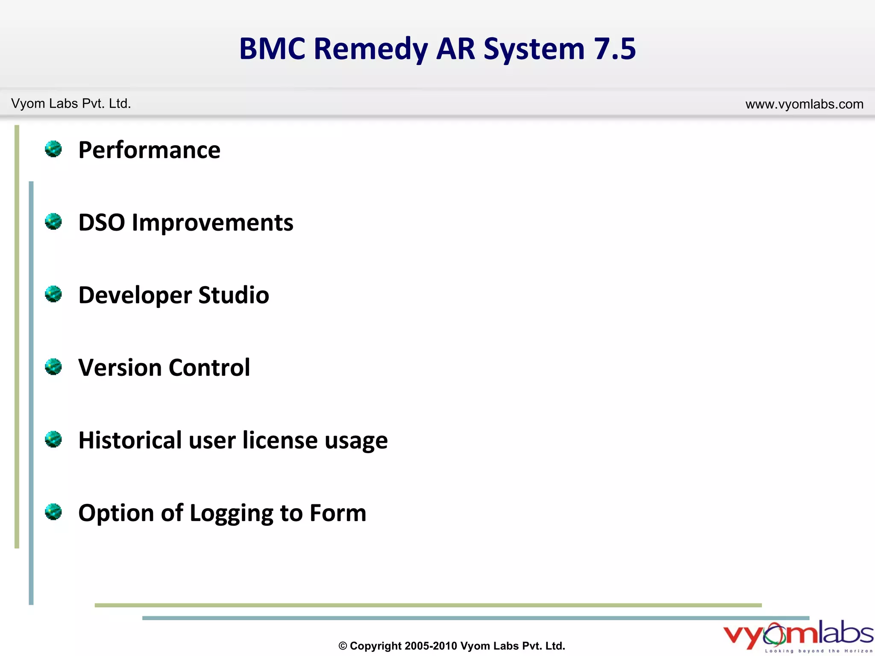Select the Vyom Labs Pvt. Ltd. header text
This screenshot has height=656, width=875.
(x=71, y=104)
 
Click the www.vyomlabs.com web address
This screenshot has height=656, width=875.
(x=804, y=104)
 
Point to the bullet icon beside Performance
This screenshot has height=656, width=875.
(x=53, y=149)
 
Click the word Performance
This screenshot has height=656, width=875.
(x=149, y=150)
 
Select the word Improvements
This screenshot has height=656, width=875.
(x=212, y=223)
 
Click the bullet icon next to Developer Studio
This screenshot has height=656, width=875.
(x=53, y=294)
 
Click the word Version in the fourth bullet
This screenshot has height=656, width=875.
(x=120, y=367)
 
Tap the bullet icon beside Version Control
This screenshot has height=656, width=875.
(x=53, y=367)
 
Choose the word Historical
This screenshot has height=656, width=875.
(x=130, y=440)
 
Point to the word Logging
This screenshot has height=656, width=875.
(x=231, y=513)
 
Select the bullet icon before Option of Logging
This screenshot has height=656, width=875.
(x=53, y=512)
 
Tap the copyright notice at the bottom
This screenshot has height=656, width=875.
(x=452, y=646)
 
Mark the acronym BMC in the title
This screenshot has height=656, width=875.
(x=272, y=49)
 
